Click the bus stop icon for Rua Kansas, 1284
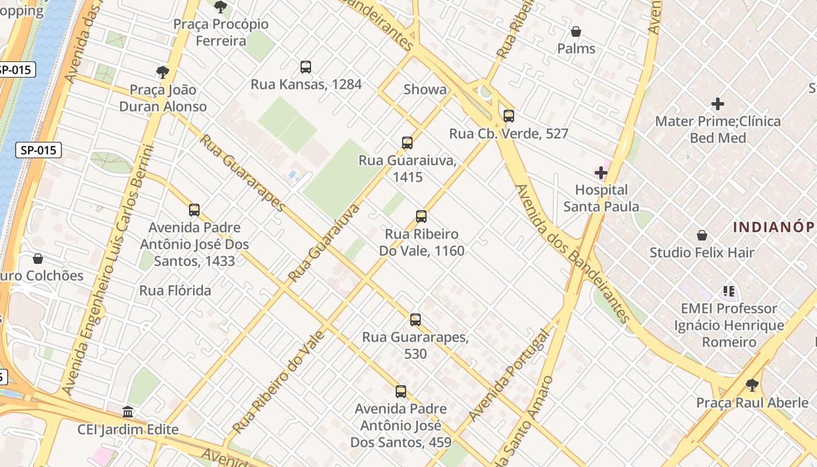pyautogui.click(x=306, y=67)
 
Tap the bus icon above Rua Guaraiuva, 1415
pyautogui.click(x=407, y=143)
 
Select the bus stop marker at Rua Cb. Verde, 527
pyautogui.click(x=509, y=116)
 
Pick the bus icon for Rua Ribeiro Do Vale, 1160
pyautogui.click(x=421, y=217)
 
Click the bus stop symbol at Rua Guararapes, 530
pyautogui.click(x=416, y=320)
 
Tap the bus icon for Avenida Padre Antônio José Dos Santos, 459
pyautogui.click(x=401, y=392)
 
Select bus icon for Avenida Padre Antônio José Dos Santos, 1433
pyautogui.click(x=194, y=210)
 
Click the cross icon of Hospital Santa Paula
pyautogui.click(x=601, y=173)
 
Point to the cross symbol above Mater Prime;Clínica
pyautogui.click(x=718, y=104)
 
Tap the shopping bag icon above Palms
pyautogui.click(x=576, y=32)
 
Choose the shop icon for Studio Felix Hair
pyautogui.click(x=702, y=236)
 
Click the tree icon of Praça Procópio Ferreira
pyautogui.click(x=221, y=7)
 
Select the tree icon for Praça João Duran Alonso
pyautogui.click(x=163, y=72)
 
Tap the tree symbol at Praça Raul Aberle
pyautogui.click(x=752, y=385)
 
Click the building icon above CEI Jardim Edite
pyautogui.click(x=128, y=412)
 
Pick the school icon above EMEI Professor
pyautogui.click(x=728, y=291)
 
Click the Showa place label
pyautogui.click(x=425, y=89)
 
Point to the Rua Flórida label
pyautogui.click(x=175, y=290)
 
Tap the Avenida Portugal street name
pyautogui.click(x=509, y=375)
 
